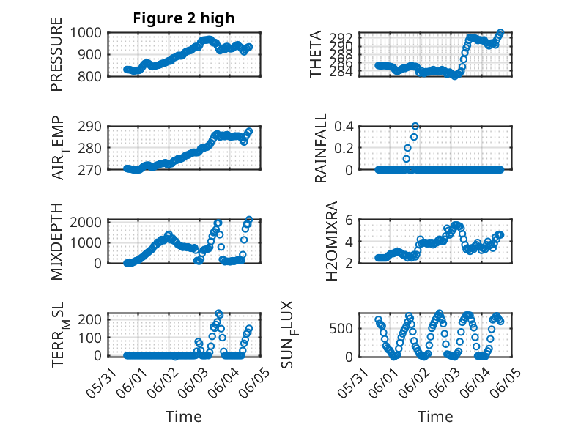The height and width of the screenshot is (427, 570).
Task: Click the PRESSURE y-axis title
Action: pyautogui.click(x=56, y=56)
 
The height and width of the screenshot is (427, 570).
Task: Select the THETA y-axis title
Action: pyautogui.click(x=316, y=55)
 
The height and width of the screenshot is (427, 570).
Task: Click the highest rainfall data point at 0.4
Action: pyautogui.click(x=415, y=127)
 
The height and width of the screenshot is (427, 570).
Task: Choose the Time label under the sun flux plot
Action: pyautogui.click(x=435, y=417)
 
